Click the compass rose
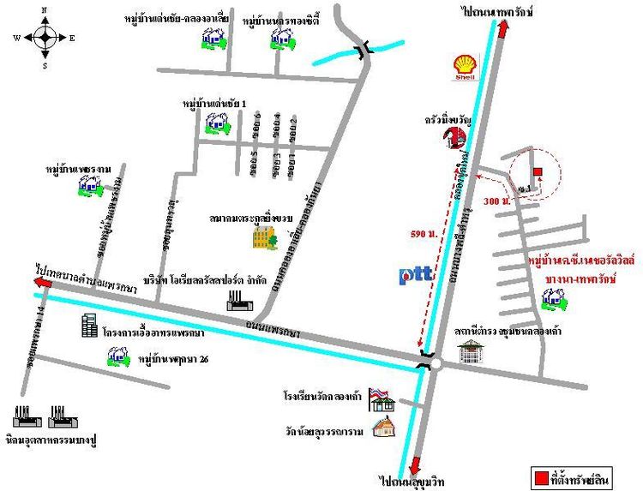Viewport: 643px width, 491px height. [45, 37]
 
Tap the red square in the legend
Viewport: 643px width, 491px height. [542, 476]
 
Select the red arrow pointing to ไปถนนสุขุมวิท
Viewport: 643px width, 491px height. [416, 465]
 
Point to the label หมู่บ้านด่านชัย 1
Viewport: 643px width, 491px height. [214, 104]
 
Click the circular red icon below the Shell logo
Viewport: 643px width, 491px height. [453, 139]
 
